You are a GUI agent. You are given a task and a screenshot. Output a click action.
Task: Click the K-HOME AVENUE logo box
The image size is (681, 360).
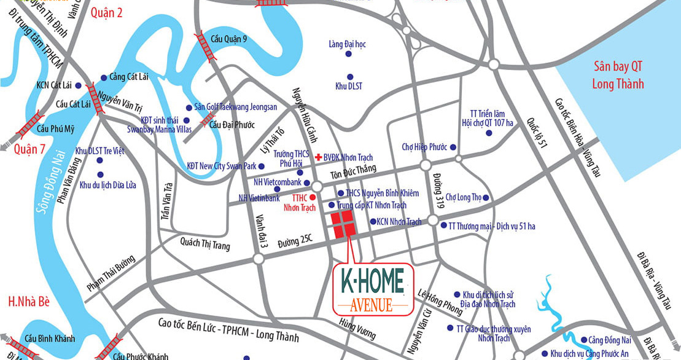(x=372, y=289)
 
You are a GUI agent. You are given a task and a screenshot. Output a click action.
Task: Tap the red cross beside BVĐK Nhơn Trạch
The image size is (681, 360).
(x=317, y=158)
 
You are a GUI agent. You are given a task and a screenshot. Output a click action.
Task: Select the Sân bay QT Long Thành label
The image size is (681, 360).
(x=618, y=75)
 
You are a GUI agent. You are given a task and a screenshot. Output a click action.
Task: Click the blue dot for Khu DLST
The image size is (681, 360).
(x=349, y=76)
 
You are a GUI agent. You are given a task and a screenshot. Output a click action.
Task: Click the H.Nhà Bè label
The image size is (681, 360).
(x=29, y=301)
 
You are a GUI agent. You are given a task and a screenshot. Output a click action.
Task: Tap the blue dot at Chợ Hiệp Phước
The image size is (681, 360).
(x=453, y=147)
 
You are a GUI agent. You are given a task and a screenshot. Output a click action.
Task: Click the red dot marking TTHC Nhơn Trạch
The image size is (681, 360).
(x=312, y=197)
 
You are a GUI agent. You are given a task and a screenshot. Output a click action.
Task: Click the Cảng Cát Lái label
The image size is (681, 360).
(x=130, y=77)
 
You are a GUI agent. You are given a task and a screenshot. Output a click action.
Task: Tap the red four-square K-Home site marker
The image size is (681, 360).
(x=342, y=224)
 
